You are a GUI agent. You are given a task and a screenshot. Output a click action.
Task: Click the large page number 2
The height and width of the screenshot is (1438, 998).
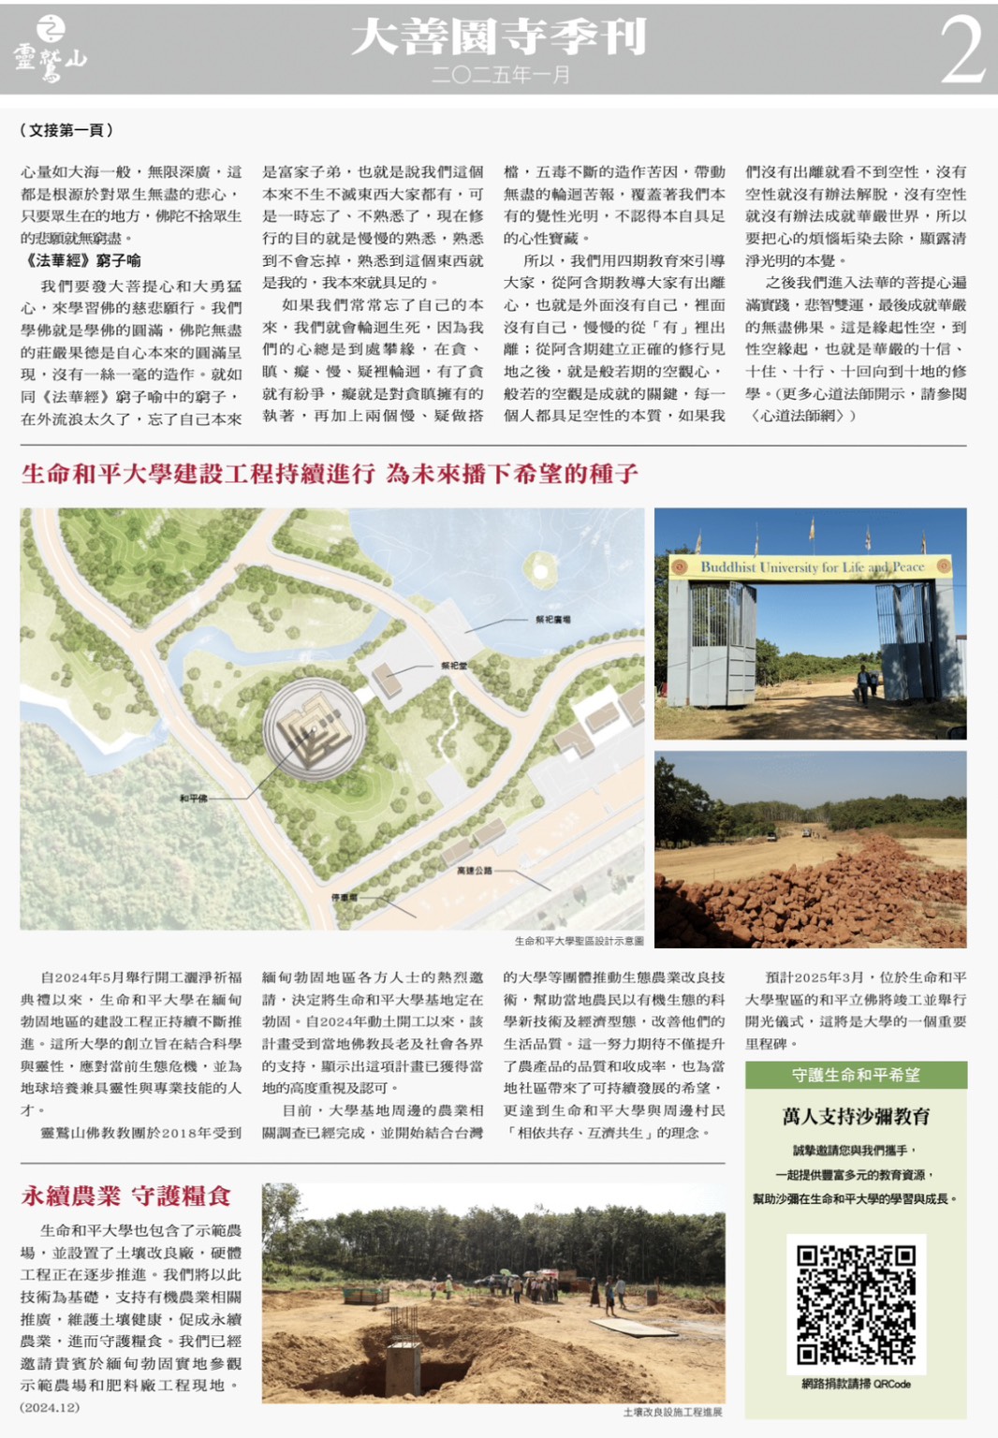coord(961,50)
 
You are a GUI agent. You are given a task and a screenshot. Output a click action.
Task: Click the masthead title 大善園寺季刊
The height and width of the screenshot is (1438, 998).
coord(498,37)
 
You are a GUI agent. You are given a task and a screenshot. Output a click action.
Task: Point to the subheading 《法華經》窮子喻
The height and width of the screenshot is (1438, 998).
coord(83,260)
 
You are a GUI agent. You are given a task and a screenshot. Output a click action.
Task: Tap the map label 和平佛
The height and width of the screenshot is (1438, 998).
coord(194,799)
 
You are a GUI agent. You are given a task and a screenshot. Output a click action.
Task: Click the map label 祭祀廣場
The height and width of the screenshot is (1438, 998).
coord(552,620)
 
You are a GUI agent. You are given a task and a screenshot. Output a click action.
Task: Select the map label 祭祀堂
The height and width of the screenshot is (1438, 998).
coord(454,666)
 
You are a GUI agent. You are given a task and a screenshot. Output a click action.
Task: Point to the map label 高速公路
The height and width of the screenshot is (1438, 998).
coord(474,871)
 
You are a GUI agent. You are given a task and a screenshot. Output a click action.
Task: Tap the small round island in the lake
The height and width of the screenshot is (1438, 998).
coord(540,566)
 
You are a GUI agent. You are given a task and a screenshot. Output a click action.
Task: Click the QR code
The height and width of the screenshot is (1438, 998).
coord(856,1303)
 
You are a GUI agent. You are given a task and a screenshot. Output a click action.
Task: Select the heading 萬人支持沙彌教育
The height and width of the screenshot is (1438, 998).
coord(856,1116)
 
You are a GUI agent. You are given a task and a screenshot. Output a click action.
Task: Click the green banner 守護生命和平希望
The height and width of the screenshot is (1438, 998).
coord(856,1076)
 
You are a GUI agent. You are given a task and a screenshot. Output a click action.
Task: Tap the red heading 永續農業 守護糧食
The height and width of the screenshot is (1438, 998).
coord(126,1196)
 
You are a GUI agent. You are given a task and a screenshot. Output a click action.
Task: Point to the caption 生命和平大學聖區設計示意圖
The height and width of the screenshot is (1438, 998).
coord(579,941)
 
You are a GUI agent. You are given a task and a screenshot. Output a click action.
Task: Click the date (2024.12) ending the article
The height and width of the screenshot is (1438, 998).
coord(50,1407)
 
